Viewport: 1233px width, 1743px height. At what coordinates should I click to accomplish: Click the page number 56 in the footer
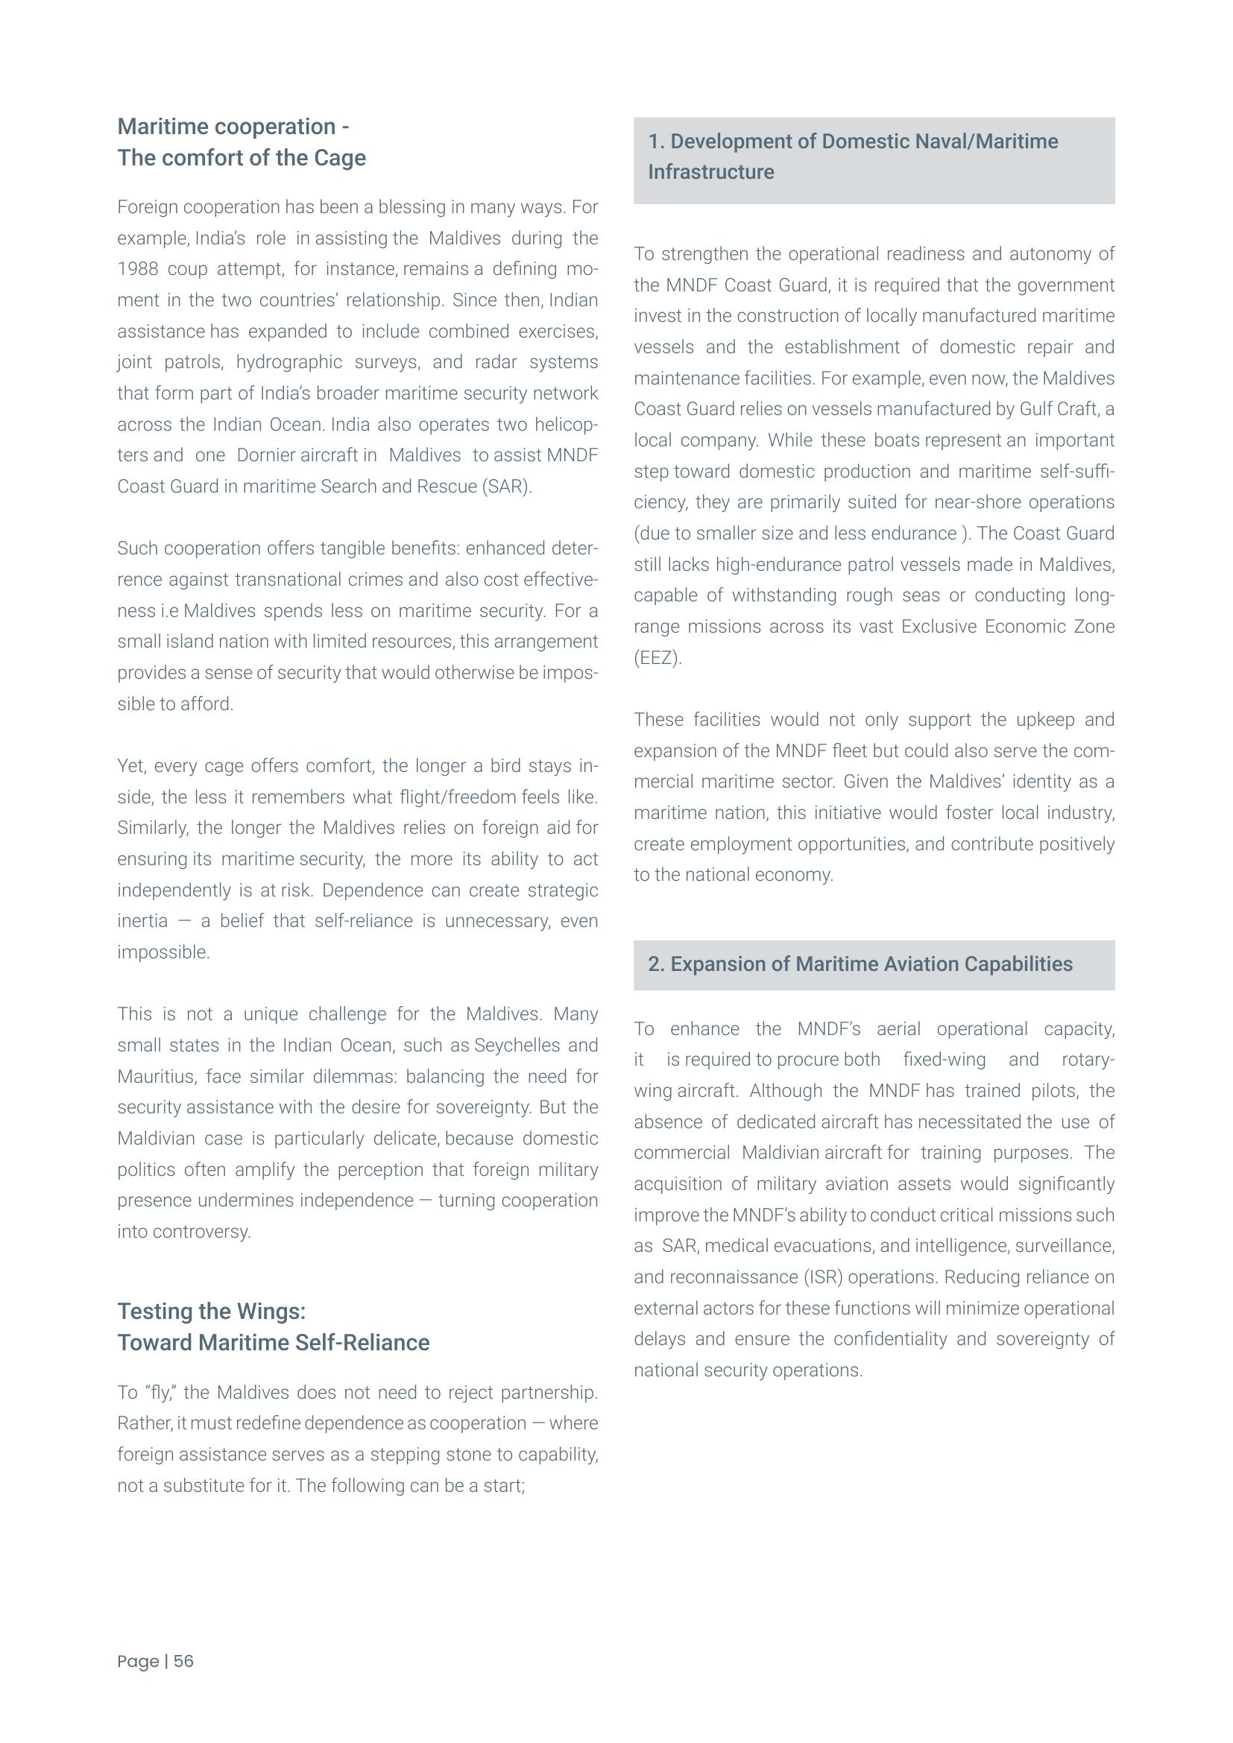point(183,1661)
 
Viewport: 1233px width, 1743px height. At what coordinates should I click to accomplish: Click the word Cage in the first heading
point(339,158)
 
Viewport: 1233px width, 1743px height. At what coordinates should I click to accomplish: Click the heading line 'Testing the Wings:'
point(211,1311)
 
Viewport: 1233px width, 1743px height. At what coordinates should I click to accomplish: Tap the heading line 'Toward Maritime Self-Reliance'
point(274,1342)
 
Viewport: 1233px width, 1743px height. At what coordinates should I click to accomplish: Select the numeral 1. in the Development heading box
point(656,142)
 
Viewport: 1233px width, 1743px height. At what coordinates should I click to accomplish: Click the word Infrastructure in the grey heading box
point(710,172)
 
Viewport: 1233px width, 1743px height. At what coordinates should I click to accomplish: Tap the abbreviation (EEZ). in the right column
point(658,658)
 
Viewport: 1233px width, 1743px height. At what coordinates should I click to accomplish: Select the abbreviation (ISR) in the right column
point(823,1278)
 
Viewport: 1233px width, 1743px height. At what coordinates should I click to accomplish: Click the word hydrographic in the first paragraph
point(288,362)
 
